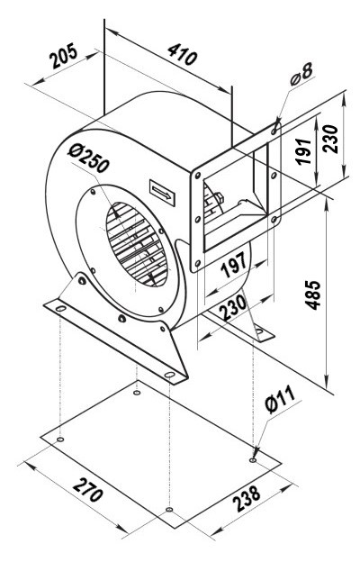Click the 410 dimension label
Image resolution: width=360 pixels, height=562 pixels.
(x=183, y=54)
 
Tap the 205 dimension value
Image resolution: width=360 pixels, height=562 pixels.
(x=64, y=56)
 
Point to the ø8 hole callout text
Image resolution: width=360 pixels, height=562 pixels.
(x=301, y=74)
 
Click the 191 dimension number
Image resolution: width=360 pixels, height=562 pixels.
(x=304, y=151)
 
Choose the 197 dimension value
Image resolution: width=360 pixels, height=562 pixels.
(x=234, y=265)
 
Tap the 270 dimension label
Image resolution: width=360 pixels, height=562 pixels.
(x=88, y=489)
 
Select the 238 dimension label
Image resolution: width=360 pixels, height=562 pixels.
(x=247, y=498)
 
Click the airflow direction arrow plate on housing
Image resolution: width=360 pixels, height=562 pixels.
(x=162, y=193)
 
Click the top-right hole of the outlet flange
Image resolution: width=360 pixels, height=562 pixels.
(x=274, y=131)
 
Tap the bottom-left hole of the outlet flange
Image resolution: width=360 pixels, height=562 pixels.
(x=197, y=264)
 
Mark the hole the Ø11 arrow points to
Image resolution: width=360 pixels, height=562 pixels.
(x=253, y=460)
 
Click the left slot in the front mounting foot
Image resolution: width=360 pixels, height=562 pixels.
(x=61, y=308)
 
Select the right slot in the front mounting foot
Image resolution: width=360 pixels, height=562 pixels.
(x=169, y=375)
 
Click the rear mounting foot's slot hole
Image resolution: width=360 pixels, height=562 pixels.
(x=259, y=331)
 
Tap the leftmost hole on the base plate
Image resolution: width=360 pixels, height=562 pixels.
(x=60, y=440)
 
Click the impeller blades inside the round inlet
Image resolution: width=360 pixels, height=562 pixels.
(x=137, y=244)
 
